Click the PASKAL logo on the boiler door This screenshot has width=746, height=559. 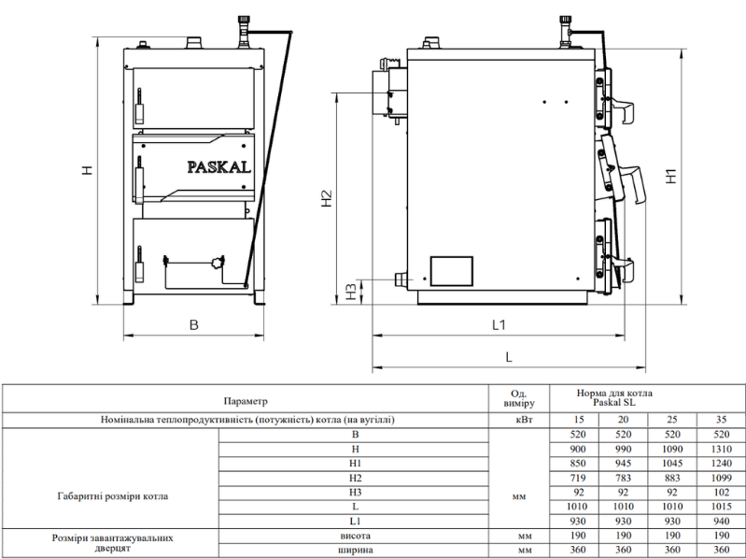(x=218, y=167)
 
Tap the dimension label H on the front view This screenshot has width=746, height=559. (x=87, y=169)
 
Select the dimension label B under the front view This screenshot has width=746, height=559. (x=193, y=324)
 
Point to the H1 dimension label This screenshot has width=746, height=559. (x=671, y=176)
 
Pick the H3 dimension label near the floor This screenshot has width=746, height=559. (x=351, y=292)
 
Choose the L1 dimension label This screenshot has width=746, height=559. (x=499, y=324)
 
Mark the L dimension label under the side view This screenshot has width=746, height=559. (x=509, y=357)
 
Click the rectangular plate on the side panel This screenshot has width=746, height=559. (x=452, y=271)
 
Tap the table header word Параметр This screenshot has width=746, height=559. (x=246, y=401)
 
